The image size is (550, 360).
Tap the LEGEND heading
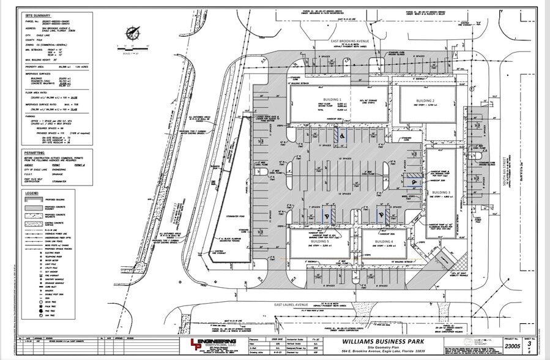31,193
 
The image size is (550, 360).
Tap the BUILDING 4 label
384,242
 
